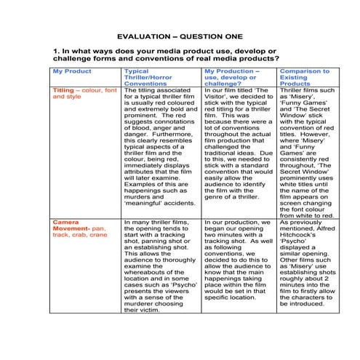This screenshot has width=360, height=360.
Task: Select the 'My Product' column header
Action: coord(72,71)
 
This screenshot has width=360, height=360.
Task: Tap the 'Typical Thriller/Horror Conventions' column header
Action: coord(148,76)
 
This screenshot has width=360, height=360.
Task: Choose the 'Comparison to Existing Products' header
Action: coord(304,76)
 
